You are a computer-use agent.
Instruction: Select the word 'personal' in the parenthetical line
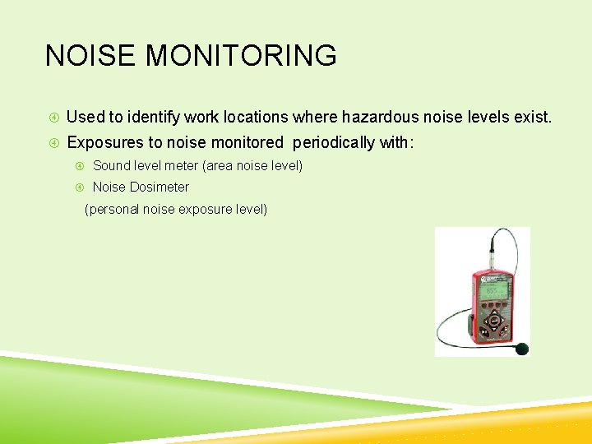point(114,209)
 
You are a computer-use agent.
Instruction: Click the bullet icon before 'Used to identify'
point(53,118)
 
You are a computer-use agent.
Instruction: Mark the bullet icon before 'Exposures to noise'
point(53,143)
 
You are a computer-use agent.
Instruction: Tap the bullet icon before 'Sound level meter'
point(81,166)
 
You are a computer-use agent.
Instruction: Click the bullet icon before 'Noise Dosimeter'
point(81,187)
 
